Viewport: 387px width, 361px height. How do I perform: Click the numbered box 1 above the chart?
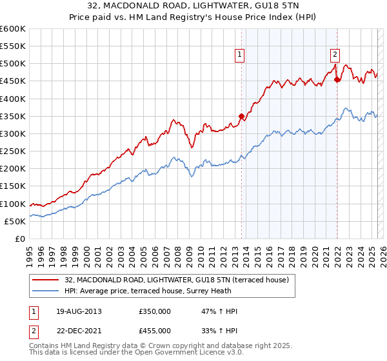pyautogui.click(x=239, y=55)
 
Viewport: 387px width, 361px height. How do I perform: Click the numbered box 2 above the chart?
pyautogui.click(x=335, y=55)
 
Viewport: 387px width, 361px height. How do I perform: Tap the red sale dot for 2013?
pyautogui.click(x=242, y=117)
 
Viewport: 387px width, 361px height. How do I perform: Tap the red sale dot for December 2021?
pyautogui.click(x=337, y=80)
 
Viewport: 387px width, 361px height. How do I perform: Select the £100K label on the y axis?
pyautogui.click(x=13, y=204)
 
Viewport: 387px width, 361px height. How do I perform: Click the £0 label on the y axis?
pyautogui.click(x=19, y=239)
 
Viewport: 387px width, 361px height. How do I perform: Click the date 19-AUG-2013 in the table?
pyautogui.click(x=79, y=311)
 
